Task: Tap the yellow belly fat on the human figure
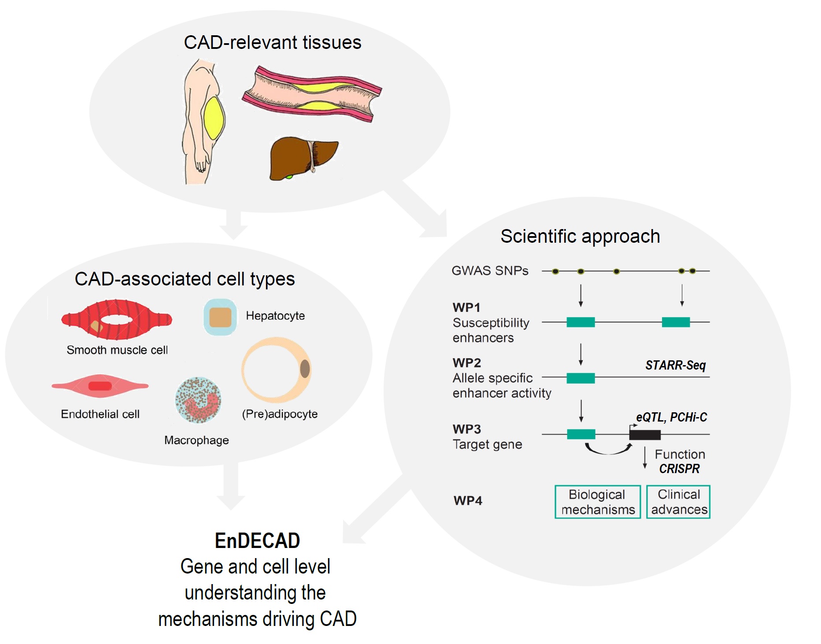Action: pos(214,118)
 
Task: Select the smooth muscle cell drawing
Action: pos(116,319)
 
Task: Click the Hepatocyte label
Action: pos(275,316)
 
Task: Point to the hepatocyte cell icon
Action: pos(220,317)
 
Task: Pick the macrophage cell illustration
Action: pos(198,400)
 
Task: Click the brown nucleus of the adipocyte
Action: pos(305,369)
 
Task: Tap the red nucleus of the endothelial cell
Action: pos(100,386)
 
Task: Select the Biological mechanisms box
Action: pos(598,502)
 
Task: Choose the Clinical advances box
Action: pos(679,502)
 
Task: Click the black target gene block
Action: pos(645,435)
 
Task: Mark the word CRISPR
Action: pos(679,469)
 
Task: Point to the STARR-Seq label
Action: pos(675,365)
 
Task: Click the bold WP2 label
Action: pos(467,363)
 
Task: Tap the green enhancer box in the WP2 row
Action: pos(581,378)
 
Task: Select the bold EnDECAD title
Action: pos(257,540)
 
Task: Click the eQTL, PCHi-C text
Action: pos(671,417)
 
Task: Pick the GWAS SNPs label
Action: pos(490,270)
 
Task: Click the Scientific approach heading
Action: pos(580,237)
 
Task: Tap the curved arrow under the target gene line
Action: pos(608,450)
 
